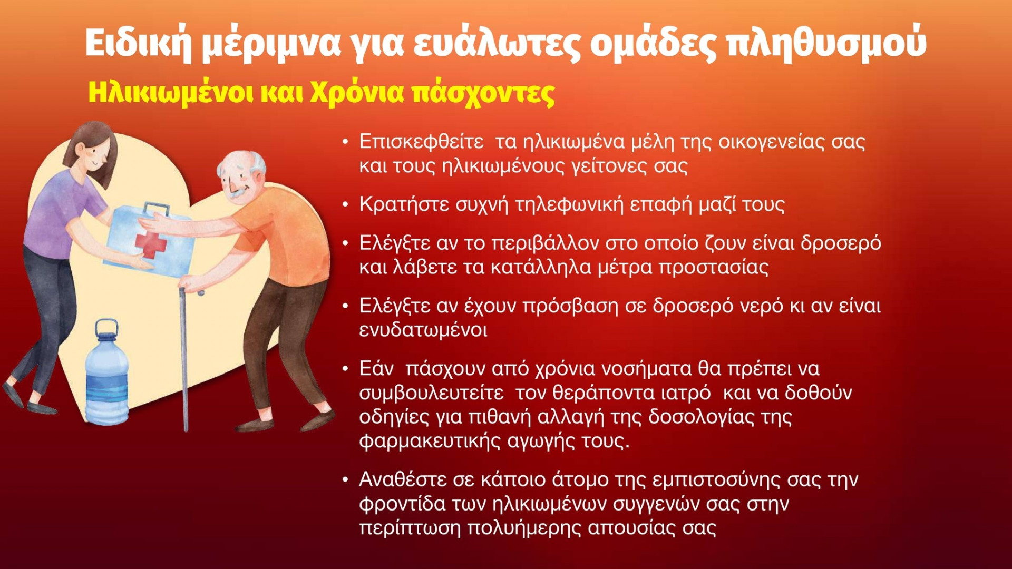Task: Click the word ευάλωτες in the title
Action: [x=497, y=43]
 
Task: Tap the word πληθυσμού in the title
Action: [x=826, y=43]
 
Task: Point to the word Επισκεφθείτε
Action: [x=421, y=142]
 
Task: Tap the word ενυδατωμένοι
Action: [x=423, y=330]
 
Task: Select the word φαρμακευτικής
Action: [x=430, y=441]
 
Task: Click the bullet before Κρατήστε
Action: [x=345, y=205]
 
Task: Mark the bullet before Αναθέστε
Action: [x=345, y=480]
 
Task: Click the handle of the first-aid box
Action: [x=157, y=209]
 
